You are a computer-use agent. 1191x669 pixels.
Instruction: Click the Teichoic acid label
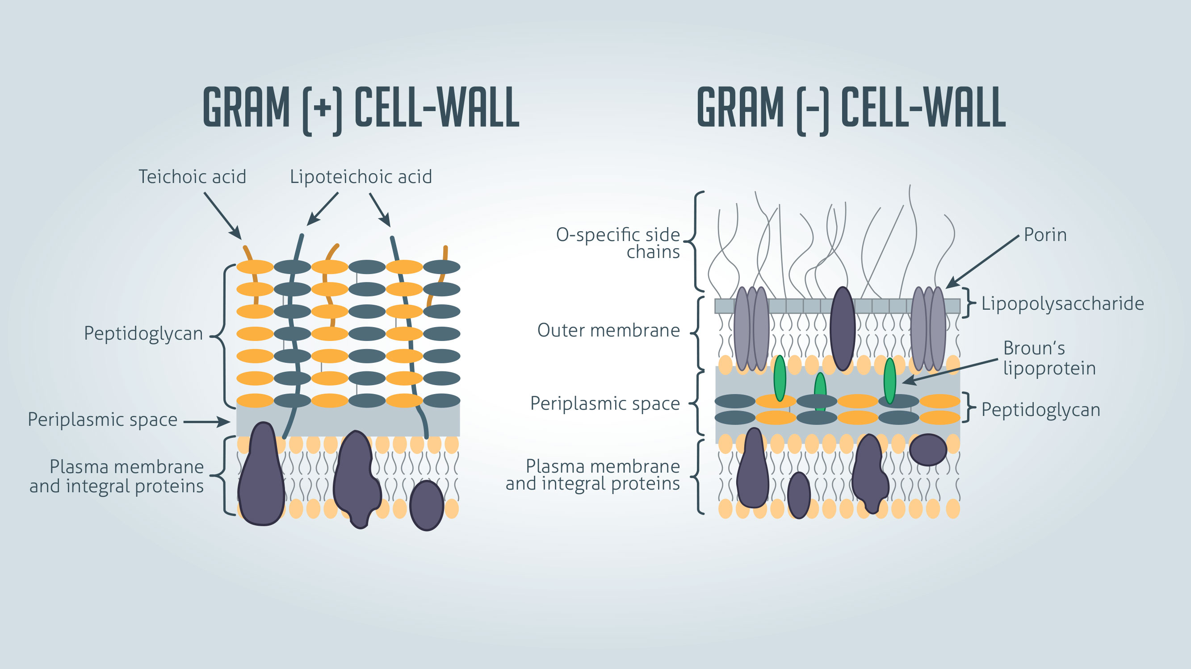point(193,177)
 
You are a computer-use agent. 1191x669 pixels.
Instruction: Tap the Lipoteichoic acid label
point(361,177)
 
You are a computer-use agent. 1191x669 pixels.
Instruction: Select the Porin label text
point(1045,235)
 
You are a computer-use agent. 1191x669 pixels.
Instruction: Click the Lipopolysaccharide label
point(1062,303)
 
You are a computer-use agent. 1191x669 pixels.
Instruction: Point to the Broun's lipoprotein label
point(1048,358)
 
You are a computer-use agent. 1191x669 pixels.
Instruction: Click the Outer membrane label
point(608,330)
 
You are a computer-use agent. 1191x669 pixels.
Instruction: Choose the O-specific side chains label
point(618,243)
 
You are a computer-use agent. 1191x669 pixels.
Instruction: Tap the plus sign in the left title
point(322,108)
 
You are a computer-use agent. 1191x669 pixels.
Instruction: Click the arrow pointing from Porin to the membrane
point(982,261)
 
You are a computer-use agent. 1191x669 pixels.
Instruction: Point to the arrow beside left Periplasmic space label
point(207,421)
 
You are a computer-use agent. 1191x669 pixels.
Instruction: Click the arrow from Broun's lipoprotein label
point(950,371)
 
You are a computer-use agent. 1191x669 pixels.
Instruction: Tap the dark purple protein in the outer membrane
point(843,329)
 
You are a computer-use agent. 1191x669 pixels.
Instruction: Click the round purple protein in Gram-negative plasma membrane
point(927,449)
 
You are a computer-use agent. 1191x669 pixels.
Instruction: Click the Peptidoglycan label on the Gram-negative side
point(1040,410)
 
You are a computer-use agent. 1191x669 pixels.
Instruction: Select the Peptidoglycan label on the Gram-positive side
point(143,333)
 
